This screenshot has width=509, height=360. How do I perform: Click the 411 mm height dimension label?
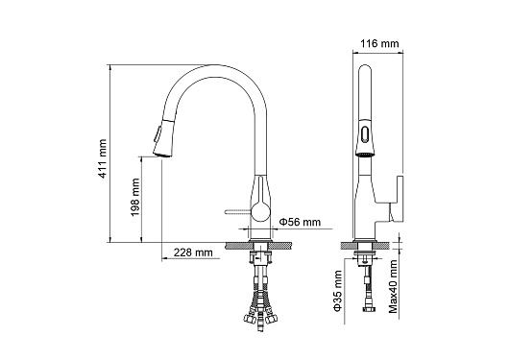(103, 158)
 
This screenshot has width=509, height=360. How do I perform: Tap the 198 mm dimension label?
(135, 198)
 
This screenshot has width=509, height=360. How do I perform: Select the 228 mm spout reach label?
(193, 252)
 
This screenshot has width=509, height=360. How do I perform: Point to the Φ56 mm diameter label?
(300, 222)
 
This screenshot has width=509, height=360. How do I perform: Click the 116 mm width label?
(379, 43)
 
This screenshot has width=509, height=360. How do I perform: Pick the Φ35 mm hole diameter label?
(338, 291)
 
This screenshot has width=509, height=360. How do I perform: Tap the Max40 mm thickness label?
(393, 286)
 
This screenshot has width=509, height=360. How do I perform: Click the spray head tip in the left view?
(162, 154)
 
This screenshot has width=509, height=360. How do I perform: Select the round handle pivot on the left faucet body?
(261, 211)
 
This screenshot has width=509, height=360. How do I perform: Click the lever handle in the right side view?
(397, 199)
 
